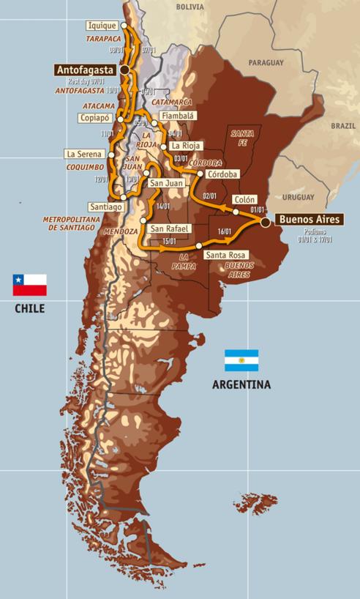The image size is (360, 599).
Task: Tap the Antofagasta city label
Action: (x=86, y=69)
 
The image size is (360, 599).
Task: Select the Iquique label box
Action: (x=101, y=25)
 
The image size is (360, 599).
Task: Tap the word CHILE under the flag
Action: (x=29, y=308)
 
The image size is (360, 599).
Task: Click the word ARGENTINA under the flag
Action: (x=241, y=384)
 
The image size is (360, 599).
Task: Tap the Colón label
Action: (x=244, y=199)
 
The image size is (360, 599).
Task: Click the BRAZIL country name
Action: (x=342, y=125)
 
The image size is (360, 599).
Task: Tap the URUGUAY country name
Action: (x=298, y=198)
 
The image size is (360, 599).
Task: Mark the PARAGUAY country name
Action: (x=266, y=63)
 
